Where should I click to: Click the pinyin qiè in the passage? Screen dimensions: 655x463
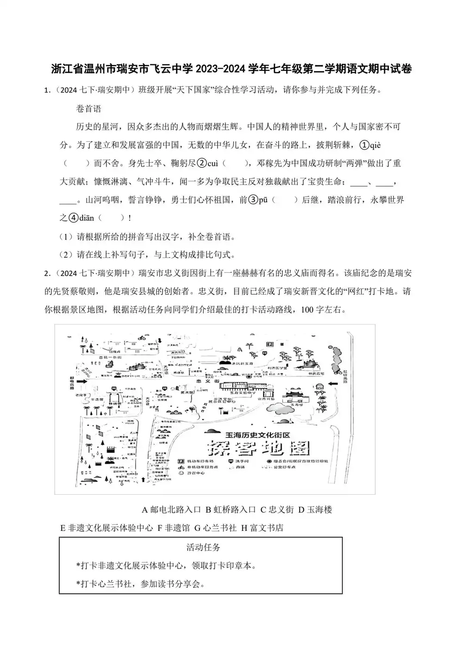375,145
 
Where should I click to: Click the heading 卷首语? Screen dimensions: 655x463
88,109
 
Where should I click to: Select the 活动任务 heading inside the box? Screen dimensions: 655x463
203,548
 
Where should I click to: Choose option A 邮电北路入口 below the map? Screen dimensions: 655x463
171,510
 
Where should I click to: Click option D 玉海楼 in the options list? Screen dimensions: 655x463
315,510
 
